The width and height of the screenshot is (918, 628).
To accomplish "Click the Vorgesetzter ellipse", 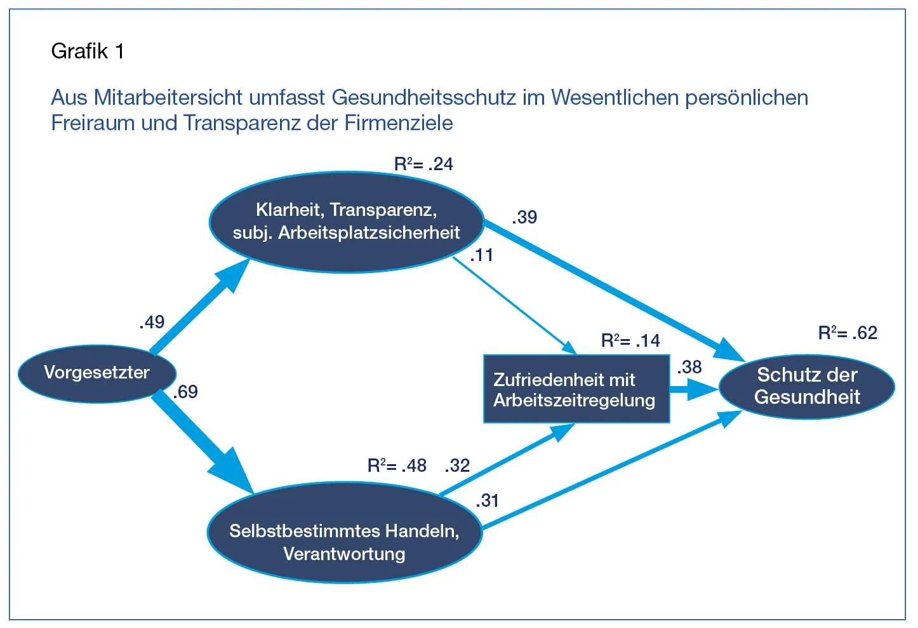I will [x=96, y=373].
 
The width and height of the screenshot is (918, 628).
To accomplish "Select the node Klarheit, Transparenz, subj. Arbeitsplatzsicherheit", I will [x=346, y=222].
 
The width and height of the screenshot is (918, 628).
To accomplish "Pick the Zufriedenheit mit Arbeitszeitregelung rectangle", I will [x=576, y=389].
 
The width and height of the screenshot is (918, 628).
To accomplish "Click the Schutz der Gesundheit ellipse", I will [x=806, y=386].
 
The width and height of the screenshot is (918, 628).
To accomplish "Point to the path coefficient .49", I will [x=152, y=323].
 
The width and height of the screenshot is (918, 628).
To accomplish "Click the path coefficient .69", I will [x=185, y=392].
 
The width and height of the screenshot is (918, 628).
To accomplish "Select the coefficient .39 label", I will [x=524, y=218].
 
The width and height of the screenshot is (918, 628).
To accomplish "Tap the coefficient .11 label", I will [x=482, y=256].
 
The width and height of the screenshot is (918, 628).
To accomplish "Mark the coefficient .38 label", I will [x=689, y=368].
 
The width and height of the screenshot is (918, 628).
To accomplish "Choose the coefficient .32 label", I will [x=457, y=466].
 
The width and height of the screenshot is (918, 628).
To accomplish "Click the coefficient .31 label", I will [x=488, y=501].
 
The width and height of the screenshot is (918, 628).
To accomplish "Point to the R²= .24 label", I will [x=423, y=164].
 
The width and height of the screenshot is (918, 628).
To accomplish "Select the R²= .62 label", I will [x=848, y=333].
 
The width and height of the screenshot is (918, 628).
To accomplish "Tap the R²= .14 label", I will [x=630, y=341].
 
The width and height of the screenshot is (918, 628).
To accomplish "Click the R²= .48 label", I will [x=397, y=466].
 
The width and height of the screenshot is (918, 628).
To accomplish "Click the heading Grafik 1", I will [x=88, y=51].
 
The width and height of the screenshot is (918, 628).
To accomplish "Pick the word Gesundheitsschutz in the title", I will [x=423, y=98].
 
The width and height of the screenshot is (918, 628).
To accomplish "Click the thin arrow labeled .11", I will [x=514, y=304].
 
